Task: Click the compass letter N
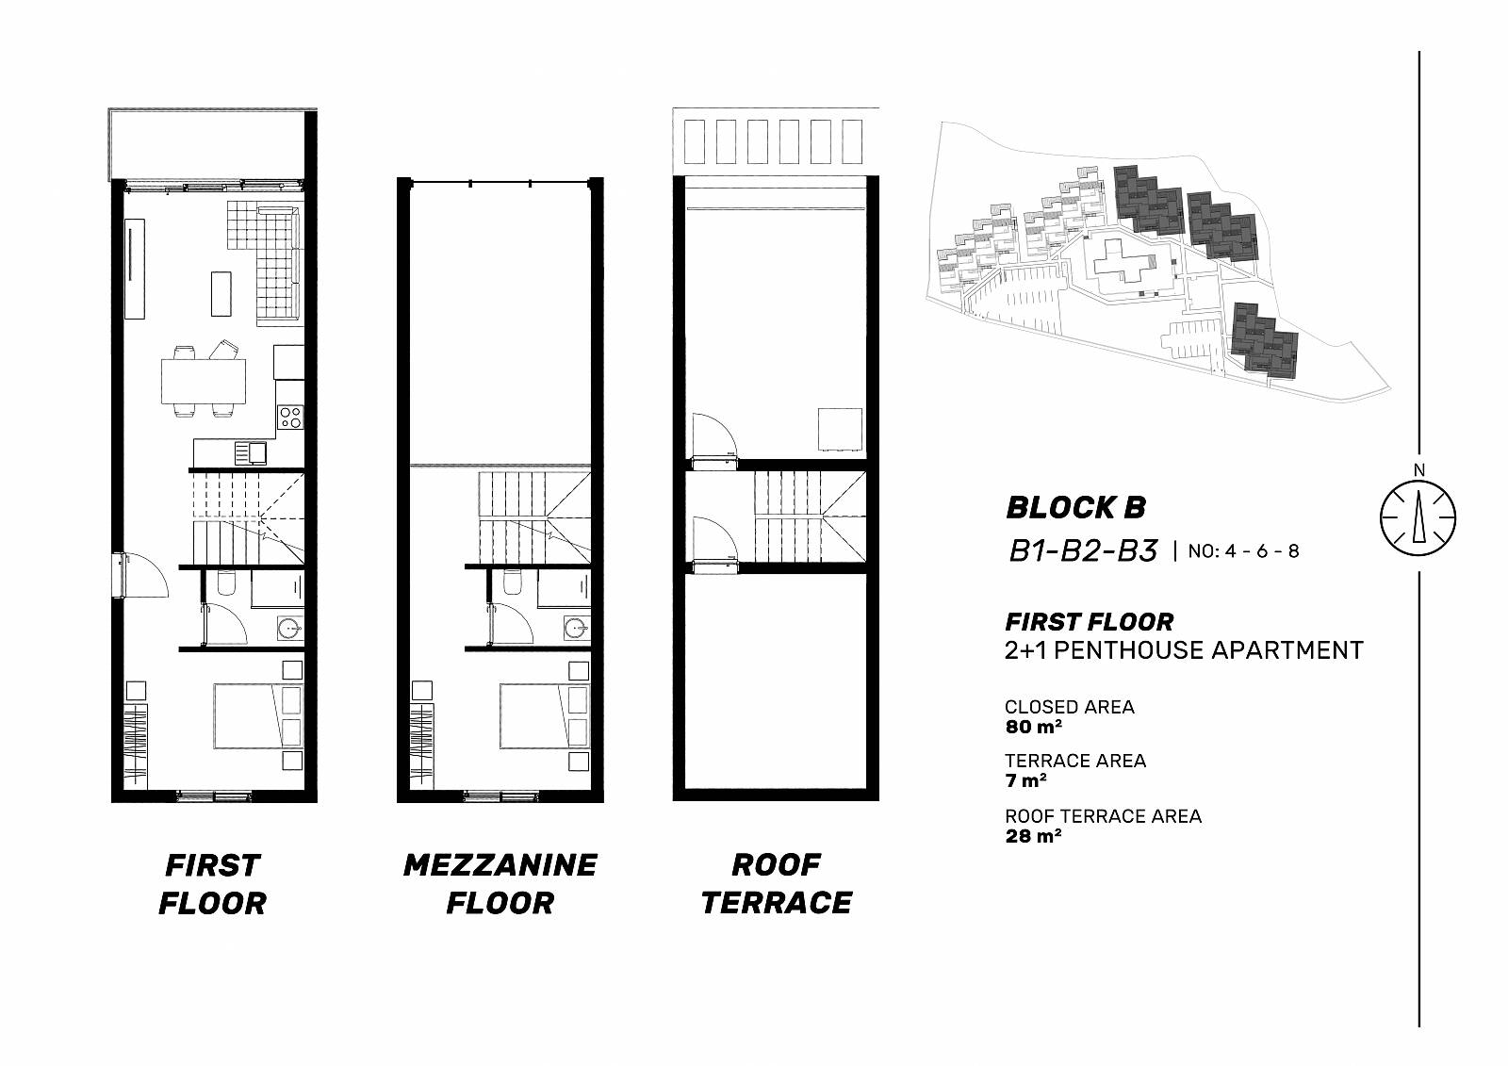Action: point(1419,470)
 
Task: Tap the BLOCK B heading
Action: point(1075,508)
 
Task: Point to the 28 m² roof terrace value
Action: point(1033,836)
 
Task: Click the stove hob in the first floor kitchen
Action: point(291,417)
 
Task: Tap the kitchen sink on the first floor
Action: point(251,452)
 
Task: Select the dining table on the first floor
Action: point(204,381)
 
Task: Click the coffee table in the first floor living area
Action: point(221,294)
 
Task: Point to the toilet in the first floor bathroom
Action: point(226,583)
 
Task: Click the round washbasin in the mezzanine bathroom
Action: point(576,629)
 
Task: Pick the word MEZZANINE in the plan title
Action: point(500,865)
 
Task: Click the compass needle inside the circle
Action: point(1418,517)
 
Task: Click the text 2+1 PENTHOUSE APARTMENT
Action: point(1184,650)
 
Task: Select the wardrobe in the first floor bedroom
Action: point(136,746)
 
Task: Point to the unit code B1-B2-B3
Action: point(1083,551)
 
